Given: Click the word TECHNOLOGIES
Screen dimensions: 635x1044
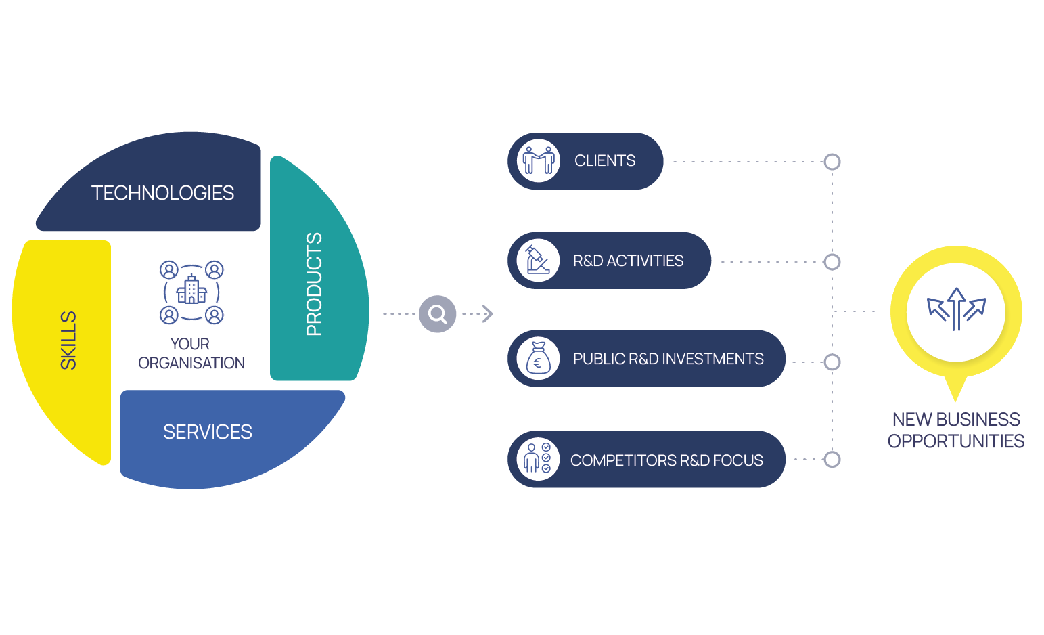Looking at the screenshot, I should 162,193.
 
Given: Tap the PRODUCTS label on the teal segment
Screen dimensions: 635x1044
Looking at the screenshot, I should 314,284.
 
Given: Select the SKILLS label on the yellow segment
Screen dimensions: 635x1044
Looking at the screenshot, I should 68,341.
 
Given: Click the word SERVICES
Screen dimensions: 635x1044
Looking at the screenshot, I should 207,432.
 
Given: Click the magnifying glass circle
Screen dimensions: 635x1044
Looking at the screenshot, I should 438,314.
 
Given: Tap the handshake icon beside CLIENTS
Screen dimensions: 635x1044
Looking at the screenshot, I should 539,161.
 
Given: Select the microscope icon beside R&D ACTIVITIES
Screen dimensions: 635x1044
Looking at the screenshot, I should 539,261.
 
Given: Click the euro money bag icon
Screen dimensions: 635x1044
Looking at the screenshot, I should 539,359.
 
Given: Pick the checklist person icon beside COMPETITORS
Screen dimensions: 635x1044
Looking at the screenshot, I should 539,459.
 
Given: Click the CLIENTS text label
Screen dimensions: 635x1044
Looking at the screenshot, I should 605,161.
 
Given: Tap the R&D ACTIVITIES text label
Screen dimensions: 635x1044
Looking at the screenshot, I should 628,261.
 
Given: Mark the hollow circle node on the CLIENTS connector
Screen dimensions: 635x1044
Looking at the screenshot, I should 832,162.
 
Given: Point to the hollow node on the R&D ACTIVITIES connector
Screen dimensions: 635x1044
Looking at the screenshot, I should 832,262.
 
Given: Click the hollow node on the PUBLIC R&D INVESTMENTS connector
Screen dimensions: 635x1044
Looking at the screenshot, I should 832,362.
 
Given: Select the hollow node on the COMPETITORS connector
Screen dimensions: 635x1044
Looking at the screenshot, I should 832,459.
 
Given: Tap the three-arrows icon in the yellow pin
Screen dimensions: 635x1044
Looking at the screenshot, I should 956,309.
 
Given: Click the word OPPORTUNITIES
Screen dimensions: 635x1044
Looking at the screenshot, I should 955,441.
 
